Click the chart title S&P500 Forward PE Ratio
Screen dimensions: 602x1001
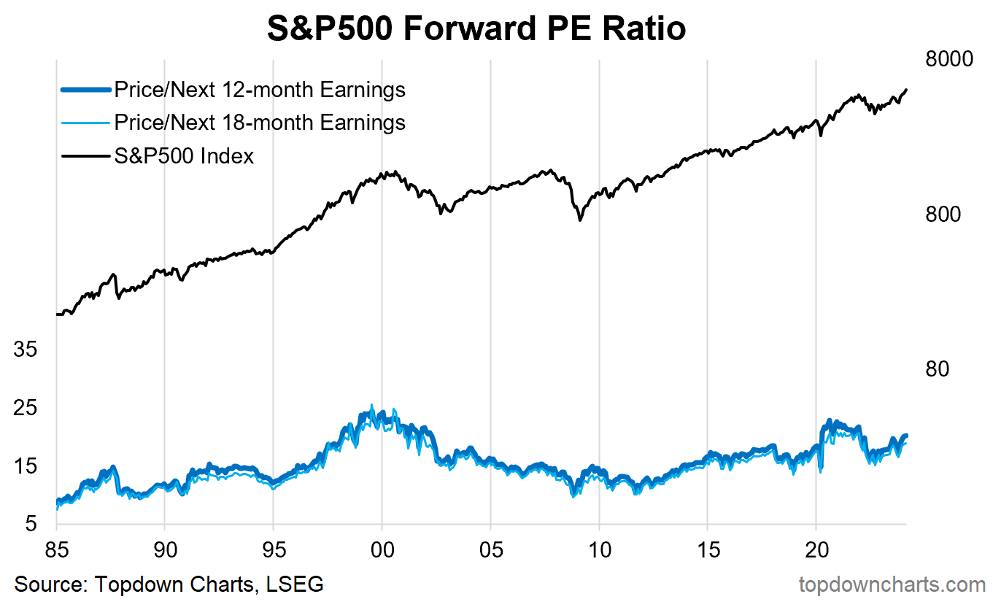pyautogui.click(x=476, y=29)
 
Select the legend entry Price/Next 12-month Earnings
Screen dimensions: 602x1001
pyautogui.click(x=259, y=90)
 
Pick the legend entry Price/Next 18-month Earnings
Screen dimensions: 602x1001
pyautogui.click(x=259, y=122)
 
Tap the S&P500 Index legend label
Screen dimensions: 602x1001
pyautogui.click(x=184, y=155)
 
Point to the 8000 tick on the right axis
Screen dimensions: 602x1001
pyautogui.click(x=949, y=59)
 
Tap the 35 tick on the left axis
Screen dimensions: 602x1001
pyautogui.click(x=26, y=350)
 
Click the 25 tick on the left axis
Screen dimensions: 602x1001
pyautogui.click(x=26, y=408)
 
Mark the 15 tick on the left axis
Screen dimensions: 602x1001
pyautogui.click(x=26, y=466)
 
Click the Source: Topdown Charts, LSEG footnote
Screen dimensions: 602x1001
pyautogui.click(x=169, y=584)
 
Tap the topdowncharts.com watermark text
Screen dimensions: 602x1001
pyautogui.click(x=892, y=584)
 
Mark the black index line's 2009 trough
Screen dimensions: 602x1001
pyautogui.click(x=581, y=220)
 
